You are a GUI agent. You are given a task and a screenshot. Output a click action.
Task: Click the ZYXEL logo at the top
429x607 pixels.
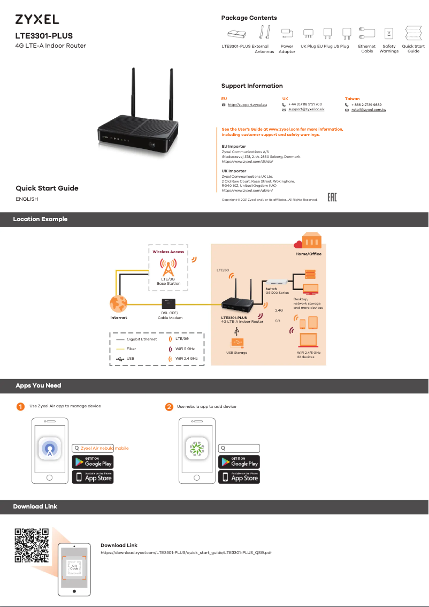37,20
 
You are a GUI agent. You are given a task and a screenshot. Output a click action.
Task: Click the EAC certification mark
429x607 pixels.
332,198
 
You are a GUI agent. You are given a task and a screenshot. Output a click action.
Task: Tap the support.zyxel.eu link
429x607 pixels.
247,105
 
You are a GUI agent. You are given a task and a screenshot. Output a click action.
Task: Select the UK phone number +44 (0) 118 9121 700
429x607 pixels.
305,104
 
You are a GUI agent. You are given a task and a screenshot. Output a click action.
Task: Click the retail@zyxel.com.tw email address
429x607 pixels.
369,110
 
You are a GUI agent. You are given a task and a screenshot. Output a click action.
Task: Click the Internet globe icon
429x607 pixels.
118,304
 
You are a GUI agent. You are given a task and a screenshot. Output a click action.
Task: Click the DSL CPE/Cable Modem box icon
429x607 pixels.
168,304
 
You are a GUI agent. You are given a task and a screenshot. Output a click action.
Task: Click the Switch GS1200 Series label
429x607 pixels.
277,291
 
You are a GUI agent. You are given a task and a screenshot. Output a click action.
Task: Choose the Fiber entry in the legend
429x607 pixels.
131,348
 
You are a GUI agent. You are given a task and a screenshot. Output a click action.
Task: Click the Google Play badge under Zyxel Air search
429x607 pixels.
93,461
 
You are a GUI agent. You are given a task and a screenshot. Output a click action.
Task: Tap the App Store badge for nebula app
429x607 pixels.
239,477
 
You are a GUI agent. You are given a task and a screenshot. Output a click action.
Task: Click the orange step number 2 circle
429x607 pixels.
169,407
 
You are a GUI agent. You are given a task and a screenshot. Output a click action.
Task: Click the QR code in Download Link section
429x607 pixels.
32,545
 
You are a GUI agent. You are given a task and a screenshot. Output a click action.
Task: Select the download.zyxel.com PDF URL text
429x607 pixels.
186,552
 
